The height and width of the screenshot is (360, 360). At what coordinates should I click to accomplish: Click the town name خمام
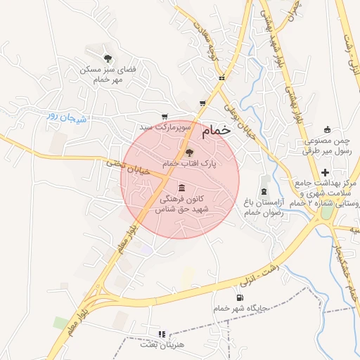[x=215, y=131]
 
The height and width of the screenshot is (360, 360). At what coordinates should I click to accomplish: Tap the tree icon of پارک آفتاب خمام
[x=188, y=152]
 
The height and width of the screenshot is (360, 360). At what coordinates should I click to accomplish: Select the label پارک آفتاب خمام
[x=189, y=163]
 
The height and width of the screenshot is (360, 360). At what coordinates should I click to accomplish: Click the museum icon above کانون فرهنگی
[x=182, y=188]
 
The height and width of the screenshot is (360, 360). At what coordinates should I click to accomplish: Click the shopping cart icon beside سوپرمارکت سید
[x=165, y=117]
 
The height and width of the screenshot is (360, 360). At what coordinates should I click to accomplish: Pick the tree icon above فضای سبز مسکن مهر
[x=108, y=58]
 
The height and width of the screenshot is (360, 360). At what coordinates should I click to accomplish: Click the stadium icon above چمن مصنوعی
[x=326, y=129]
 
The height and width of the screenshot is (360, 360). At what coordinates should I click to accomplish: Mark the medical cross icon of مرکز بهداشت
[x=325, y=172]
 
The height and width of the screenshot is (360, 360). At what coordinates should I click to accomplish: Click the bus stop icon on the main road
[x=222, y=78]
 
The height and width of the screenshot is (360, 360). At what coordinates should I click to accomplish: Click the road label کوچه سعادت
[x=208, y=44]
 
